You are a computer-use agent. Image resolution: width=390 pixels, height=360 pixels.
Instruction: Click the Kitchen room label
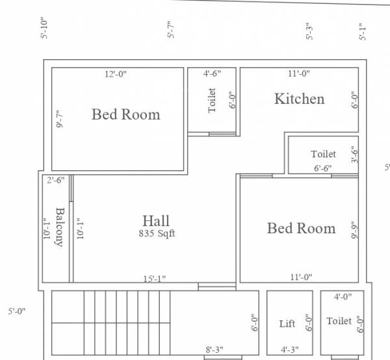pyautogui.click(x=299, y=99)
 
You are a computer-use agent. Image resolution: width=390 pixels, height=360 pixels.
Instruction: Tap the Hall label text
pyautogui.click(x=156, y=220)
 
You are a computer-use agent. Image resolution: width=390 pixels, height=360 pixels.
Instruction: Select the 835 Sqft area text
pyautogui.click(x=156, y=233)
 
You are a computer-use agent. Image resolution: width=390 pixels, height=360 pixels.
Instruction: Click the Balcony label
pyautogui.click(x=59, y=227)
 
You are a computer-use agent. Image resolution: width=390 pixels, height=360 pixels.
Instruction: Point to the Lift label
pyautogui.click(x=287, y=324)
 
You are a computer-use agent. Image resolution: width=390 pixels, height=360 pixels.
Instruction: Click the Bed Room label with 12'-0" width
pyautogui.click(x=125, y=114)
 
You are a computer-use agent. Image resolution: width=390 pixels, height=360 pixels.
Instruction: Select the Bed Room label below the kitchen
pyautogui.click(x=301, y=228)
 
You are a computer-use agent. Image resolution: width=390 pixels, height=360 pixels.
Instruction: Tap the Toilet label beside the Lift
pyautogui.click(x=339, y=321)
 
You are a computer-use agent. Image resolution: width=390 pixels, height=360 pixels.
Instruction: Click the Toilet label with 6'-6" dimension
pyautogui.click(x=323, y=154)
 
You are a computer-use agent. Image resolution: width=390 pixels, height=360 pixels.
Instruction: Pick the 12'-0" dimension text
pyautogui.click(x=116, y=74)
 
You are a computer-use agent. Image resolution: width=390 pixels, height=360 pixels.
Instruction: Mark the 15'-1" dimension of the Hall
pyautogui.click(x=154, y=279)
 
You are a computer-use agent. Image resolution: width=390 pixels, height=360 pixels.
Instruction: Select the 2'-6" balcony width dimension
pyautogui.click(x=55, y=181)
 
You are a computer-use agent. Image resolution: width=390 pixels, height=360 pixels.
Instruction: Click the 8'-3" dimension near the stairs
pyautogui.click(x=214, y=350)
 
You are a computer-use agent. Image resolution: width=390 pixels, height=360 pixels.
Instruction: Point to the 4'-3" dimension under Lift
pyautogui.click(x=289, y=350)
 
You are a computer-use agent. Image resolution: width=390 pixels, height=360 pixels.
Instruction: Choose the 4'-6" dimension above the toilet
pyautogui.click(x=212, y=74)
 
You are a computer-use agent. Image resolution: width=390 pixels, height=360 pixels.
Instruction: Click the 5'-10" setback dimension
pyautogui.click(x=44, y=28)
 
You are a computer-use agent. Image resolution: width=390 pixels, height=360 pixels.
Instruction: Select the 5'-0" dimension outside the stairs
pyautogui.click(x=16, y=311)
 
